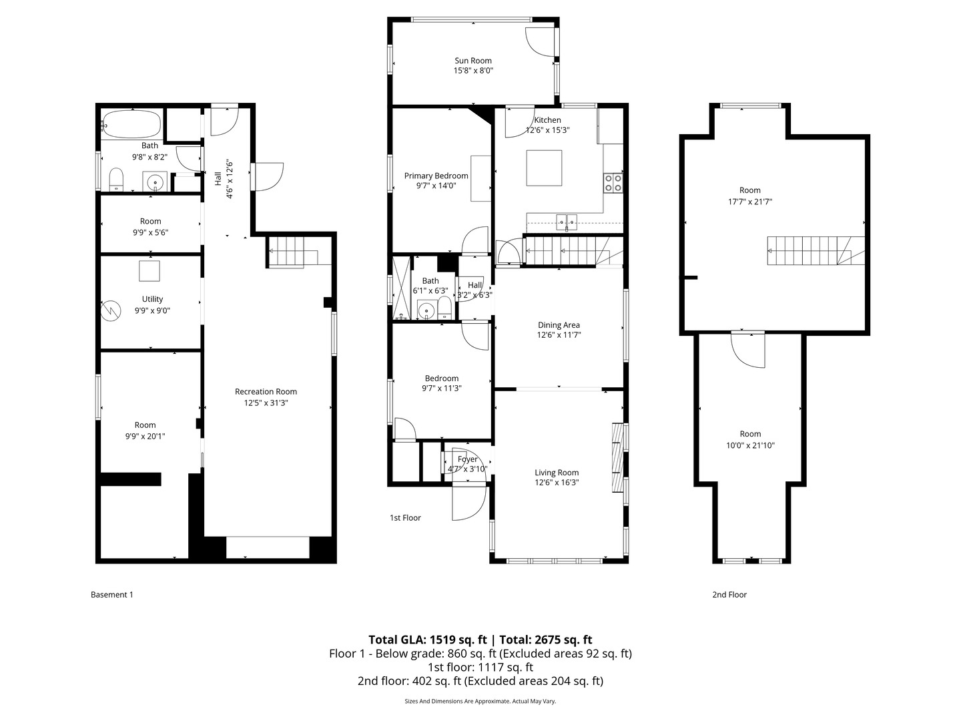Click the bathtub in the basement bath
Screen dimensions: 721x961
tap(132, 124)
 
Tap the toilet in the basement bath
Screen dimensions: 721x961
tap(116, 179)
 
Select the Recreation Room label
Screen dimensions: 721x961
tap(266, 392)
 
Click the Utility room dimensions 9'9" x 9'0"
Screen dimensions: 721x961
tap(152, 310)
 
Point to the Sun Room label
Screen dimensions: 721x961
tap(473, 61)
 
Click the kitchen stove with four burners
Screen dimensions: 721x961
tap(613, 183)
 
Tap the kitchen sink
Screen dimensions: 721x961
tap(567, 220)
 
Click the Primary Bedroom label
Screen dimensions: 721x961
tap(436, 176)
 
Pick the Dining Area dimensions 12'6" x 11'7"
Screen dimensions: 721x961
tap(559, 336)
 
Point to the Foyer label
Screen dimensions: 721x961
tap(467, 459)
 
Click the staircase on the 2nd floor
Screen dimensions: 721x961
tap(814, 251)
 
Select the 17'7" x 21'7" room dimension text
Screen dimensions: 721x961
tap(750, 202)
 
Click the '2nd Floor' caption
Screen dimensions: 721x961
tap(729, 595)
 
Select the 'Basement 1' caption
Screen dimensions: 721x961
tap(111, 595)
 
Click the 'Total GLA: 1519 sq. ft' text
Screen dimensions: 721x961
tap(427, 640)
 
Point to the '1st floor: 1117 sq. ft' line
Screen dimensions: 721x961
tap(480, 667)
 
